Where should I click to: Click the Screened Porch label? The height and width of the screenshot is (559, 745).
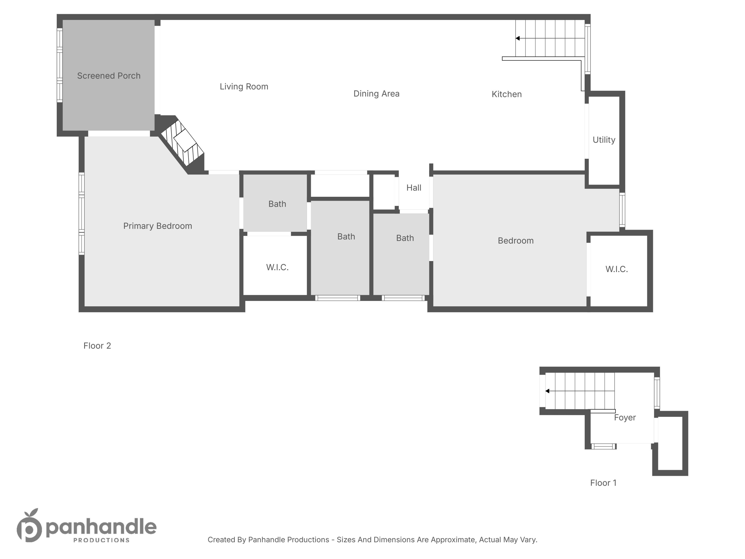tap(109, 76)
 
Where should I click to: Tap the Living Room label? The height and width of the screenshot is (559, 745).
tap(244, 87)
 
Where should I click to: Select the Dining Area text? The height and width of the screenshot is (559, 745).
tap(376, 94)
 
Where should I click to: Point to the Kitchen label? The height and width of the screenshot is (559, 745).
tap(507, 94)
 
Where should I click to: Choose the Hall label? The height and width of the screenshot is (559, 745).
tap(413, 188)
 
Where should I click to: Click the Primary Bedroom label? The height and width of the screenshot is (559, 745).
tap(158, 226)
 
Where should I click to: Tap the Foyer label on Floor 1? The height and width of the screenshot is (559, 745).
tap(625, 417)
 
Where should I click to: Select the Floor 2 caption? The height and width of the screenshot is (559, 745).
tap(97, 346)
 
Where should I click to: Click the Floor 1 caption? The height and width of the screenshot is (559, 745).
tap(603, 483)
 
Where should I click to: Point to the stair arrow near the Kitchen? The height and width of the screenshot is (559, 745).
tap(518, 39)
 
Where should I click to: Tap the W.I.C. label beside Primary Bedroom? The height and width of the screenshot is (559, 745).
tap(277, 267)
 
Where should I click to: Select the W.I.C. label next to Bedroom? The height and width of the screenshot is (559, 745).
tap(616, 269)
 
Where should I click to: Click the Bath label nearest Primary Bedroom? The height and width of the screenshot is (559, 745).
tap(277, 204)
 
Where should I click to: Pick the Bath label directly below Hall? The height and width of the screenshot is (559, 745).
tap(405, 238)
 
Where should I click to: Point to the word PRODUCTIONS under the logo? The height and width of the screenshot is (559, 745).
tap(101, 540)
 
